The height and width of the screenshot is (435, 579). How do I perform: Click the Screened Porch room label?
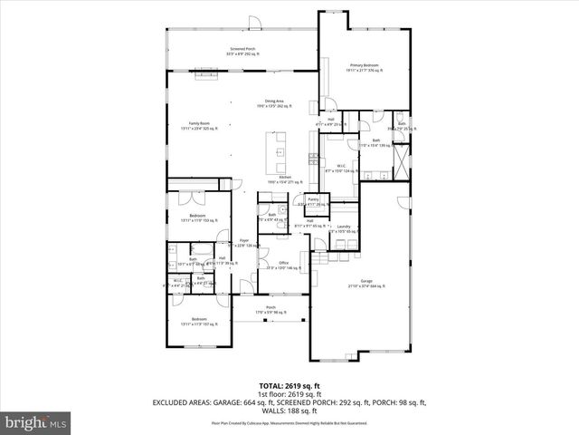pos(242,51)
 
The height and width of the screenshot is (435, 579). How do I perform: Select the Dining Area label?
pos(275,103)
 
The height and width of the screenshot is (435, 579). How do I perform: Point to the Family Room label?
pos(200,125)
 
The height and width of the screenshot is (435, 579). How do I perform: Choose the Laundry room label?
pos(345,229)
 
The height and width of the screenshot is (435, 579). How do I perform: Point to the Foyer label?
pos(243,243)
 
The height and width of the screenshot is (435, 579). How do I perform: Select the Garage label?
pos(366,284)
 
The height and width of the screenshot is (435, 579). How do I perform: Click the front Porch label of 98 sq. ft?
pos(271,310)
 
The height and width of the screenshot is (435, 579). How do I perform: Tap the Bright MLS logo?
pos(36,422)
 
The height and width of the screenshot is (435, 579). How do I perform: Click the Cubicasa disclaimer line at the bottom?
pos(289,422)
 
